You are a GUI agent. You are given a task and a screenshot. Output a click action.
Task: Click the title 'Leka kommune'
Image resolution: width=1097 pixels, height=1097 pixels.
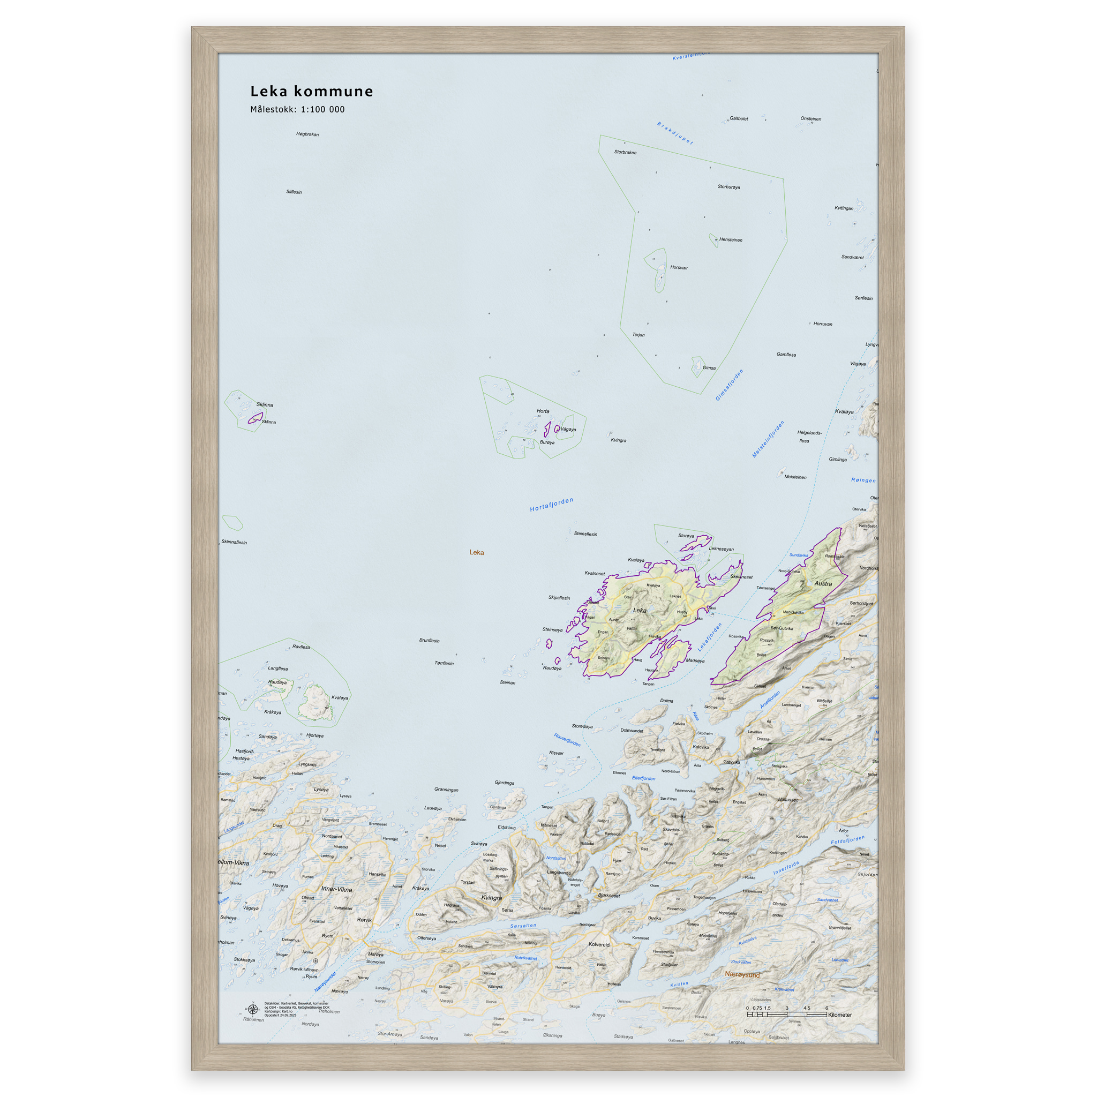point(311,92)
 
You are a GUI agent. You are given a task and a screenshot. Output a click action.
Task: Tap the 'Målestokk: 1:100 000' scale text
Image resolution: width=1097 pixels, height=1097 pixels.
point(297,110)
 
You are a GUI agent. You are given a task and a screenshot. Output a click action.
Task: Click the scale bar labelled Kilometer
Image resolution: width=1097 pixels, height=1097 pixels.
point(786,1014)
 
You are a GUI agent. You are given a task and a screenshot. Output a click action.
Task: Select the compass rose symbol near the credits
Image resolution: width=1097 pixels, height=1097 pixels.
point(253,1009)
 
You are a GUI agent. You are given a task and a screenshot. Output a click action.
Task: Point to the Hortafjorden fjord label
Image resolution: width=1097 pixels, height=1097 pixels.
point(551,504)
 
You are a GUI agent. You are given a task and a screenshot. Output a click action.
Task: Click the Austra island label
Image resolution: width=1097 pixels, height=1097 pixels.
point(823,584)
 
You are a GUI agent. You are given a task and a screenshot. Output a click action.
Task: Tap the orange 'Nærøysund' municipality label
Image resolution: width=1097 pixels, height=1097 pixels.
point(742,974)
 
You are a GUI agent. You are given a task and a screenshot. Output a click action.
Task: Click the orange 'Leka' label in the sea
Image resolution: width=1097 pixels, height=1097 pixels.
point(476,552)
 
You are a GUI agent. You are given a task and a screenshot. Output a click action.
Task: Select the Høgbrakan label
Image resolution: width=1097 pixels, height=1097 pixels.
point(307,134)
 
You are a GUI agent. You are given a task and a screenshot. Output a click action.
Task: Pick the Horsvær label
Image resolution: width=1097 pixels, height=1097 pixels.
point(679,267)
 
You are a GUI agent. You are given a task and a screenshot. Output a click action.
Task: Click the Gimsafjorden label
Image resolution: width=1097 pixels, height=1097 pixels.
point(729,385)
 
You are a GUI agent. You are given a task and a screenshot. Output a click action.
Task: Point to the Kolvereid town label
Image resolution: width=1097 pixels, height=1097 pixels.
point(599,945)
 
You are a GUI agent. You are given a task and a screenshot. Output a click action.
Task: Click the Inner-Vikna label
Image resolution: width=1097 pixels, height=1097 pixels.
point(336,890)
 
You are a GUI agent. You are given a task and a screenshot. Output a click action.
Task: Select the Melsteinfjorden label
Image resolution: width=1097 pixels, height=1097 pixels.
point(768,439)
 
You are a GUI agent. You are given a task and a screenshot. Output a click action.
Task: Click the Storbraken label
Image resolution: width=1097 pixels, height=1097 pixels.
point(625,152)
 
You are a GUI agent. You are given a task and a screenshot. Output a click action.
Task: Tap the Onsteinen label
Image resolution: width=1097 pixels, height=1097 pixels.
point(810,119)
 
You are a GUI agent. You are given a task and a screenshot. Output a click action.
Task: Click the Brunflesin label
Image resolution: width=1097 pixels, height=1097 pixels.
point(429,641)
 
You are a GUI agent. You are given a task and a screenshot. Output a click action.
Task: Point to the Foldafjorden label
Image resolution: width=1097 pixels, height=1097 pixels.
point(848,840)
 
